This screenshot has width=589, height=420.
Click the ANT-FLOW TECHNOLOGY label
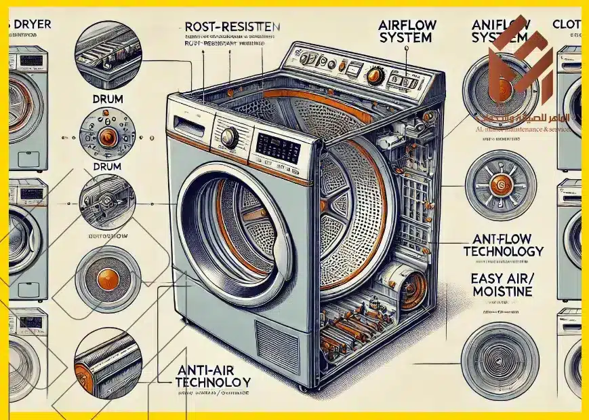click(x=502, y=245)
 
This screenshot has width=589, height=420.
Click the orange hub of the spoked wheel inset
click(x=501, y=183)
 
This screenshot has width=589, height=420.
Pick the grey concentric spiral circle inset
click(x=500, y=355)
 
